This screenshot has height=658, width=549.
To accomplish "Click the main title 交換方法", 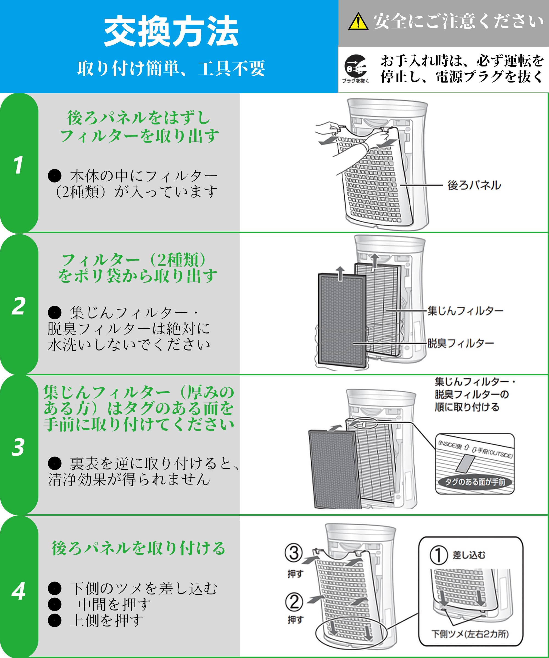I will (171, 32).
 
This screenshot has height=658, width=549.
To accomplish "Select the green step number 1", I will (18, 165).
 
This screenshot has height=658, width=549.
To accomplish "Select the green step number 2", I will (18, 306).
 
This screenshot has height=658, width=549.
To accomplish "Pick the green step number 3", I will (18, 447).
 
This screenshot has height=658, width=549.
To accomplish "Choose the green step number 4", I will (18, 591).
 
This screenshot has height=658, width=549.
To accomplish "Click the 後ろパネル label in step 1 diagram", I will (474, 185).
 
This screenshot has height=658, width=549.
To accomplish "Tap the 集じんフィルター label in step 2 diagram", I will (465, 311).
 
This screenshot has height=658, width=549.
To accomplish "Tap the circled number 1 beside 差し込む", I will (438, 555).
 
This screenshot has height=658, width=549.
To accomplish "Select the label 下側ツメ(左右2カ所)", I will (470, 634).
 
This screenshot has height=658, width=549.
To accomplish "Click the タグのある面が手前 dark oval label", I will (475, 482).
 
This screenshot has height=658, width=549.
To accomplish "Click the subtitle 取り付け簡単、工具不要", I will (171, 68).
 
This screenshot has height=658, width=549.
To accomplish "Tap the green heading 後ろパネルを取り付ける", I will (138, 548).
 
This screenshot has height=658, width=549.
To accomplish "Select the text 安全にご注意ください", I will (458, 21).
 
